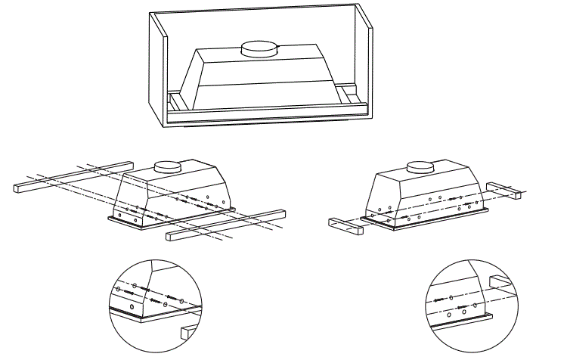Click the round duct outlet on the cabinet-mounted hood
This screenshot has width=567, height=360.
[x=258, y=48]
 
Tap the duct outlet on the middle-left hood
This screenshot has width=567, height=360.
[x=167, y=166]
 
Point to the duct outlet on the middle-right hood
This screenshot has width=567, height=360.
[x=420, y=166]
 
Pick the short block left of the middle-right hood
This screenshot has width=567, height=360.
[x=345, y=225]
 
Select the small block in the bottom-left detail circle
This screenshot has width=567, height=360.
[x=187, y=331]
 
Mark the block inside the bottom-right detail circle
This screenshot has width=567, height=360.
[x=502, y=282]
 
